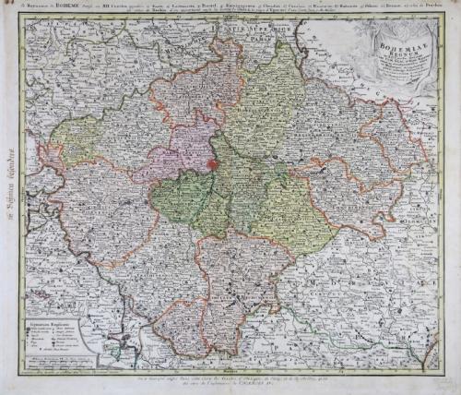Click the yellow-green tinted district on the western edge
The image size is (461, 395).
click(x=69, y=138)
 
